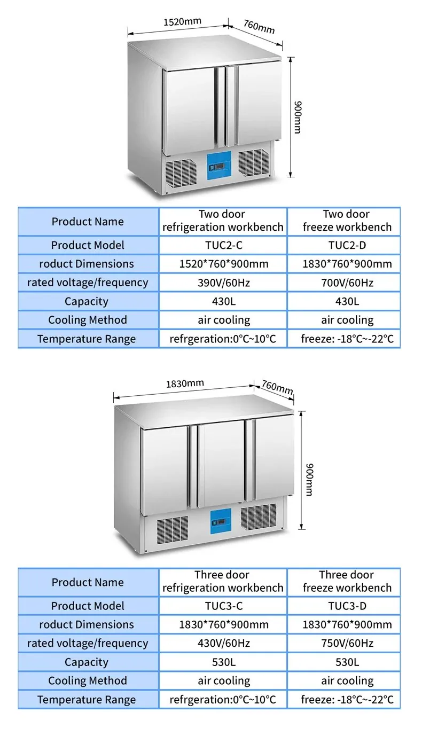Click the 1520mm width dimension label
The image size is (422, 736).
182,22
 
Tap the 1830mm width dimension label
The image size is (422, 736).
185,383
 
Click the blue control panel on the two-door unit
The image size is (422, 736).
219,166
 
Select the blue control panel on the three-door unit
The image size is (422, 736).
221,521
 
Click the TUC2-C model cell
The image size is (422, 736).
223,245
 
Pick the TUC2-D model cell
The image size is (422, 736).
347,245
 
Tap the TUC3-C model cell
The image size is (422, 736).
223,606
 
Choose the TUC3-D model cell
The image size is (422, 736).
347,606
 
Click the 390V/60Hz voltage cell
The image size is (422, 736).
223,283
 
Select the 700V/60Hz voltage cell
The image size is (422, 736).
347,283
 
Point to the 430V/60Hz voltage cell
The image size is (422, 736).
223,643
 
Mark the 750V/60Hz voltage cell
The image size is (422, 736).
347,643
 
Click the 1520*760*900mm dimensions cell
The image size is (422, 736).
223,264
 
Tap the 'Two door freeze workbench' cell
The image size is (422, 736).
347,221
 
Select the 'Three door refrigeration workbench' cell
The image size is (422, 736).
223,581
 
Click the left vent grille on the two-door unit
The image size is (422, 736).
181,172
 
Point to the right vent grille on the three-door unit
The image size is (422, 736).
259,517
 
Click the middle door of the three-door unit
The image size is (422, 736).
221,465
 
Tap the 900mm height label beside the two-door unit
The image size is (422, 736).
297,118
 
